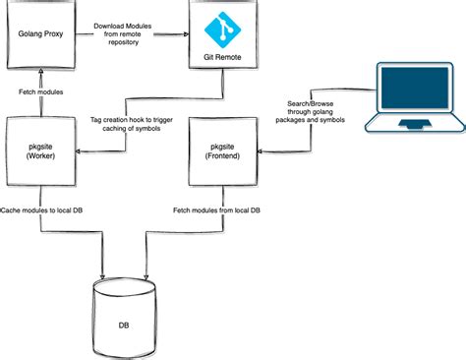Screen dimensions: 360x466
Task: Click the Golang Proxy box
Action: click(40, 33)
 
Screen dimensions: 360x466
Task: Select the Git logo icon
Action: click(222, 29)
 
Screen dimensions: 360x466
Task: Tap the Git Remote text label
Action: click(222, 58)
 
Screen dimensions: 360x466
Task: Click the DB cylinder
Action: click(124, 316)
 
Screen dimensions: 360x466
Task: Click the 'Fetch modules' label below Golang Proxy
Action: click(41, 91)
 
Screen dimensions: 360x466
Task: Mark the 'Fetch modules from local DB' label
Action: click(217, 211)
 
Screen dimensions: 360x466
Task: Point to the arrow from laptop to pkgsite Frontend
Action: click(295, 150)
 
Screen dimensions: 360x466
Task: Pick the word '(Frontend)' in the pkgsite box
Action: click(222, 156)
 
